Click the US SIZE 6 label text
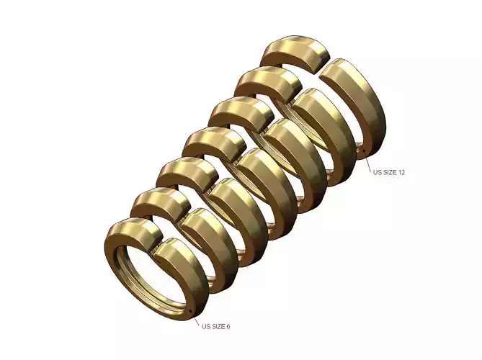point(216,326)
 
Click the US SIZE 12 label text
point(388,172)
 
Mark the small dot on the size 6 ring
point(189,311)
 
